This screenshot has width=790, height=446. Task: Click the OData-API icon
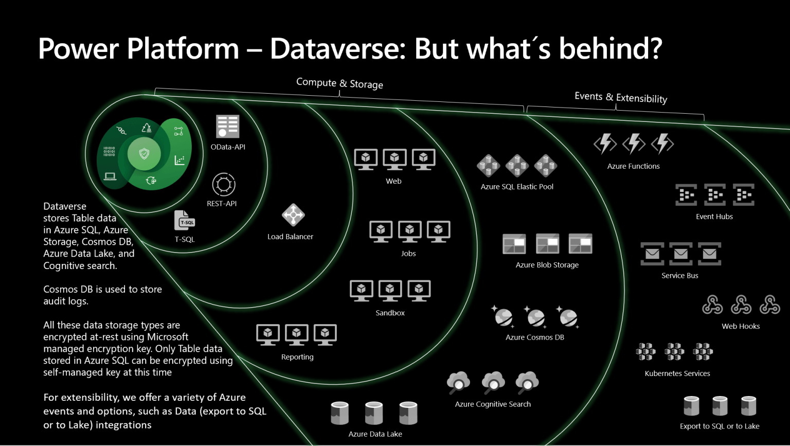(x=227, y=127)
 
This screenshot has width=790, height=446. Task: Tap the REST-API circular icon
(x=224, y=184)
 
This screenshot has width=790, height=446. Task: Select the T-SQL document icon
(x=185, y=220)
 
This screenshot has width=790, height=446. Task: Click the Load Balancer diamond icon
(x=293, y=215)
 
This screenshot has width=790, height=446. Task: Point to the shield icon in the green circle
(x=145, y=153)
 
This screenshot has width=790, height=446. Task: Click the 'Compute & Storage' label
(x=339, y=83)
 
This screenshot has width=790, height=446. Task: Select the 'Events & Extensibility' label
(x=620, y=97)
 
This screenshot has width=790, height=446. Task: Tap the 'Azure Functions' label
(x=633, y=166)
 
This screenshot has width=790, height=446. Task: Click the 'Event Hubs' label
(x=714, y=217)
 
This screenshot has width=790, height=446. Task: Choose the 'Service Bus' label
(x=679, y=276)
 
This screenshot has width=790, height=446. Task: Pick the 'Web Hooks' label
(x=740, y=326)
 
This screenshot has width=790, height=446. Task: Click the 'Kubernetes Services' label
(x=677, y=373)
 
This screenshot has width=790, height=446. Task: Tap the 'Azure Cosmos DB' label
(x=534, y=337)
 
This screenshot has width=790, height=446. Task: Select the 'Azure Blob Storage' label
(x=547, y=265)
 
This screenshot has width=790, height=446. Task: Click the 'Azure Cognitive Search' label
(x=492, y=404)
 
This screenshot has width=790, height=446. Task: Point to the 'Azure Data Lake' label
(x=375, y=434)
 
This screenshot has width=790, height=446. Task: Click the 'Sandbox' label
(x=390, y=313)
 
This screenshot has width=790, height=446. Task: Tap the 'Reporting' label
(x=297, y=357)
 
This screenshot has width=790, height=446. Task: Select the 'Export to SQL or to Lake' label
(x=719, y=426)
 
